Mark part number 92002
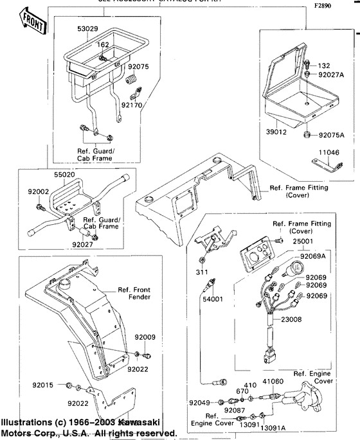(x=38, y=191)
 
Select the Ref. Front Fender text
(x=134, y=294)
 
